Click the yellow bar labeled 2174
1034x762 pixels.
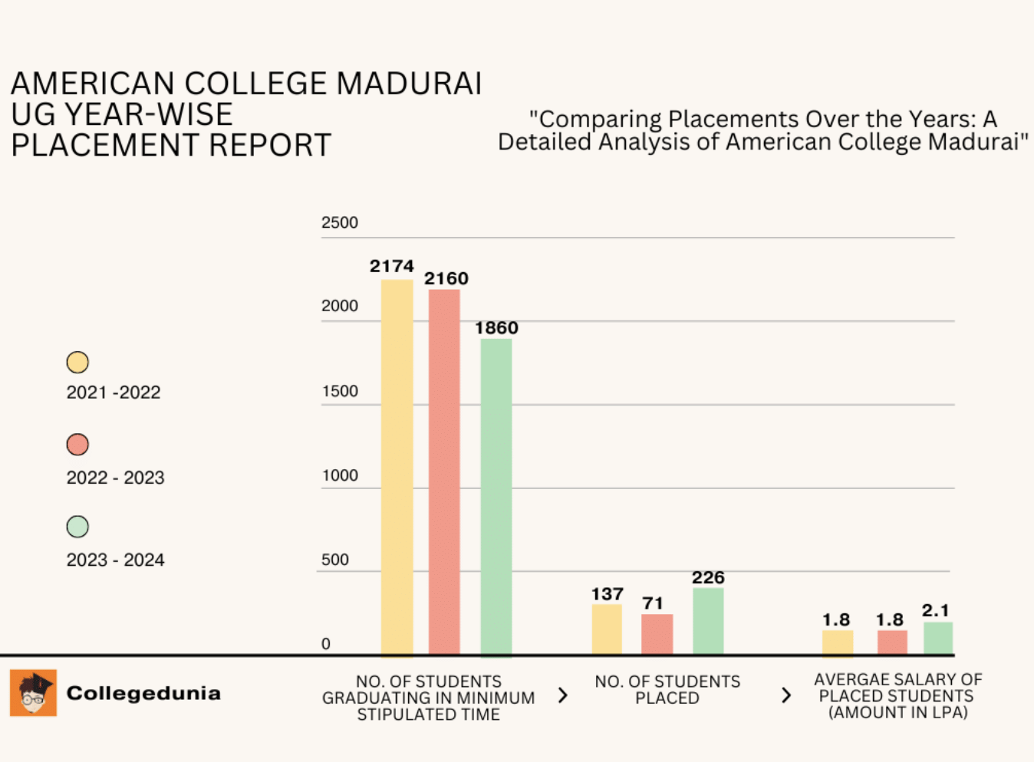pos(397,468)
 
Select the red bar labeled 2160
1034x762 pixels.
pos(444,472)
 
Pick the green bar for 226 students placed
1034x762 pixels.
pos(707,622)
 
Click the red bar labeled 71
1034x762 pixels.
pos(657,635)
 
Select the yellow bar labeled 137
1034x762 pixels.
pos(607,629)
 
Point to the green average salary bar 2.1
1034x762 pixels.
pos(937,639)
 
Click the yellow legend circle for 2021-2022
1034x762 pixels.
pos(77,362)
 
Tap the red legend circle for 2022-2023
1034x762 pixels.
pos(77,445)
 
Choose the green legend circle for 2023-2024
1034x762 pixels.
pos(77,527)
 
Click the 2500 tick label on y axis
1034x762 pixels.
pos(339,223)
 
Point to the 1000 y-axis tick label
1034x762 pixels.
pos(339,475)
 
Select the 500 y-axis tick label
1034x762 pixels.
pos(334,560)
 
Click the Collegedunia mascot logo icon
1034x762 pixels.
pos(33,693)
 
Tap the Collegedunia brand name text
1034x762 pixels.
pos(143,693)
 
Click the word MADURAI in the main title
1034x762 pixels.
pos(409,84)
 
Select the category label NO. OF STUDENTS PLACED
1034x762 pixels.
pos(667,689)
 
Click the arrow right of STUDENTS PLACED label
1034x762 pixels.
pos(785,695)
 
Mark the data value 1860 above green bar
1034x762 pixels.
pos(496,328)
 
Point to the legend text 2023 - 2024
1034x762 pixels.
pos(115,560)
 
